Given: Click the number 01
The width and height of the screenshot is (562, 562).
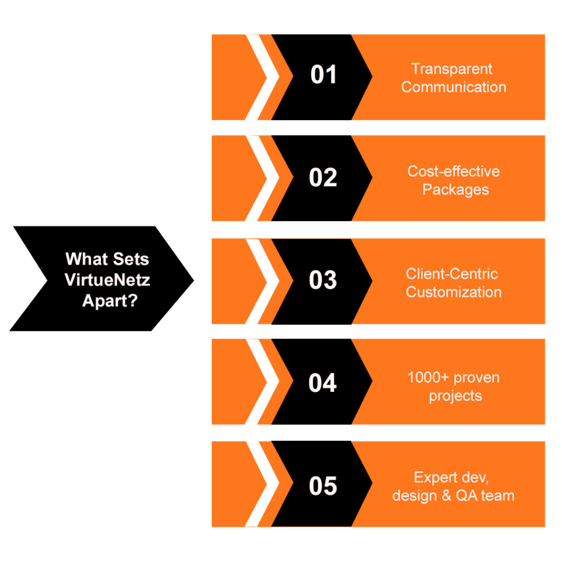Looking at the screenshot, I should tap(323, 75).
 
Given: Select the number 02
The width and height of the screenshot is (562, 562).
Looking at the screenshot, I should tap(323, 178).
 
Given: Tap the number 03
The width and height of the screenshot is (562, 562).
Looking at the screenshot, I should tap(323, 280).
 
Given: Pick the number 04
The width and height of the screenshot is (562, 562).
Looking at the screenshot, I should tap(323, 383).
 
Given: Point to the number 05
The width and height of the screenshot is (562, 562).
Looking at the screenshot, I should tap(323, 486).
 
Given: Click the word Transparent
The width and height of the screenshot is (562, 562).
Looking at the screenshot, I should tap(452, 69).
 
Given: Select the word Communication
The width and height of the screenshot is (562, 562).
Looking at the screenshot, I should tap(453, 87).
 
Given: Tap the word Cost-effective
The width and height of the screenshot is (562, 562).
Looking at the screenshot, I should tap(453, 171).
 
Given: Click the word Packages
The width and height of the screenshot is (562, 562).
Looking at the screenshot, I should tap(455, 190).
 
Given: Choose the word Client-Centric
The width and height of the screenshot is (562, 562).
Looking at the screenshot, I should tap(452, 274).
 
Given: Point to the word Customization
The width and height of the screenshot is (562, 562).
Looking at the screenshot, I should tap(453, 292).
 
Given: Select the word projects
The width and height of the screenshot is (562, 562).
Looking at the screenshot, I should tap(455, 396).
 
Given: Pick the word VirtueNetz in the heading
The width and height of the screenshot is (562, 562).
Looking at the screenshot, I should tap(108, 280).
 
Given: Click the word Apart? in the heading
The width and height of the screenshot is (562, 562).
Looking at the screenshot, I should tap(109, 301).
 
